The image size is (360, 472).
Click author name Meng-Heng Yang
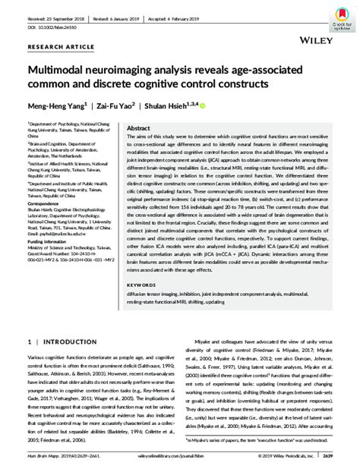56,107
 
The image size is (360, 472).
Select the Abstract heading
139,129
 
